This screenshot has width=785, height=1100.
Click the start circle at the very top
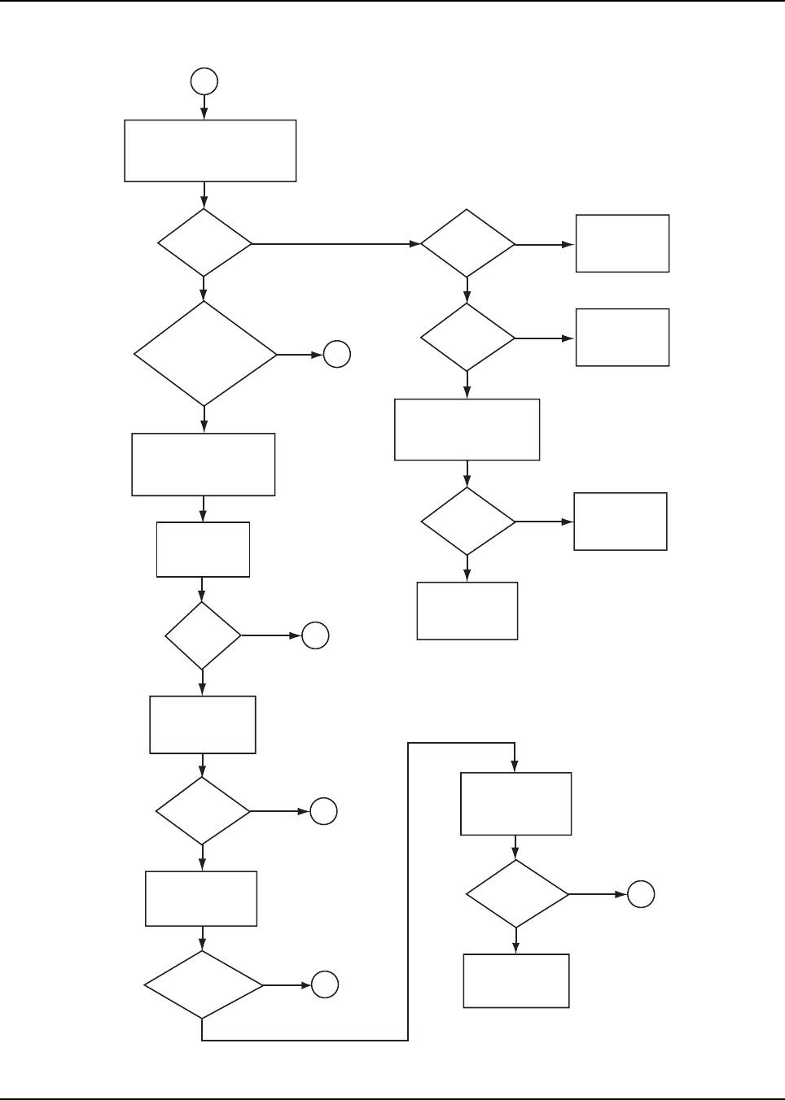click(204, 81)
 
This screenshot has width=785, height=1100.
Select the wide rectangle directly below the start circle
click(210, 151)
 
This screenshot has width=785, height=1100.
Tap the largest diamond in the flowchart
click(204, 354)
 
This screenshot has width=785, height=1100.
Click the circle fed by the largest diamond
click(337, 354)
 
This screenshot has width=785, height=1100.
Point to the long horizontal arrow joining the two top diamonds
click(334, 243)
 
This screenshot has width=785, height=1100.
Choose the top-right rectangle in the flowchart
click(622, 243)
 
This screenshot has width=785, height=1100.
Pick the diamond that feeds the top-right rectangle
click(467, 243)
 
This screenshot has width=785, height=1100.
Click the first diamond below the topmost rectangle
click(204, 243)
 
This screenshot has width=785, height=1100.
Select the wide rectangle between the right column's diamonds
click(467, 430)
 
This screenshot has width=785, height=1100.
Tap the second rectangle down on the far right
click(622, 337)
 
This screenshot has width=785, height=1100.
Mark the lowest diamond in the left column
click(204, 985)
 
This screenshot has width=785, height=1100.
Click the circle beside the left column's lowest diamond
click(324, 985)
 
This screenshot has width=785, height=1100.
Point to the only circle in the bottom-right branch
click(641, 894)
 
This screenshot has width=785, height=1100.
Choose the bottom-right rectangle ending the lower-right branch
click(516, 981)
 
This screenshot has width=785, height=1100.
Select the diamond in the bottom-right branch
click(516, 894)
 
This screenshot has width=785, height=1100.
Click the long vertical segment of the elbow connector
click(407, 891)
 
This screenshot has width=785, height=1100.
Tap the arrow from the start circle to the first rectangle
click(204, 107)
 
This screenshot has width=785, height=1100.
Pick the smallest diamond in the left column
click(203, 635)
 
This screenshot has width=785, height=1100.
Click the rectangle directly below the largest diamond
click(203, 465)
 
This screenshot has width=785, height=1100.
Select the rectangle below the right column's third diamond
click(467, 611)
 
